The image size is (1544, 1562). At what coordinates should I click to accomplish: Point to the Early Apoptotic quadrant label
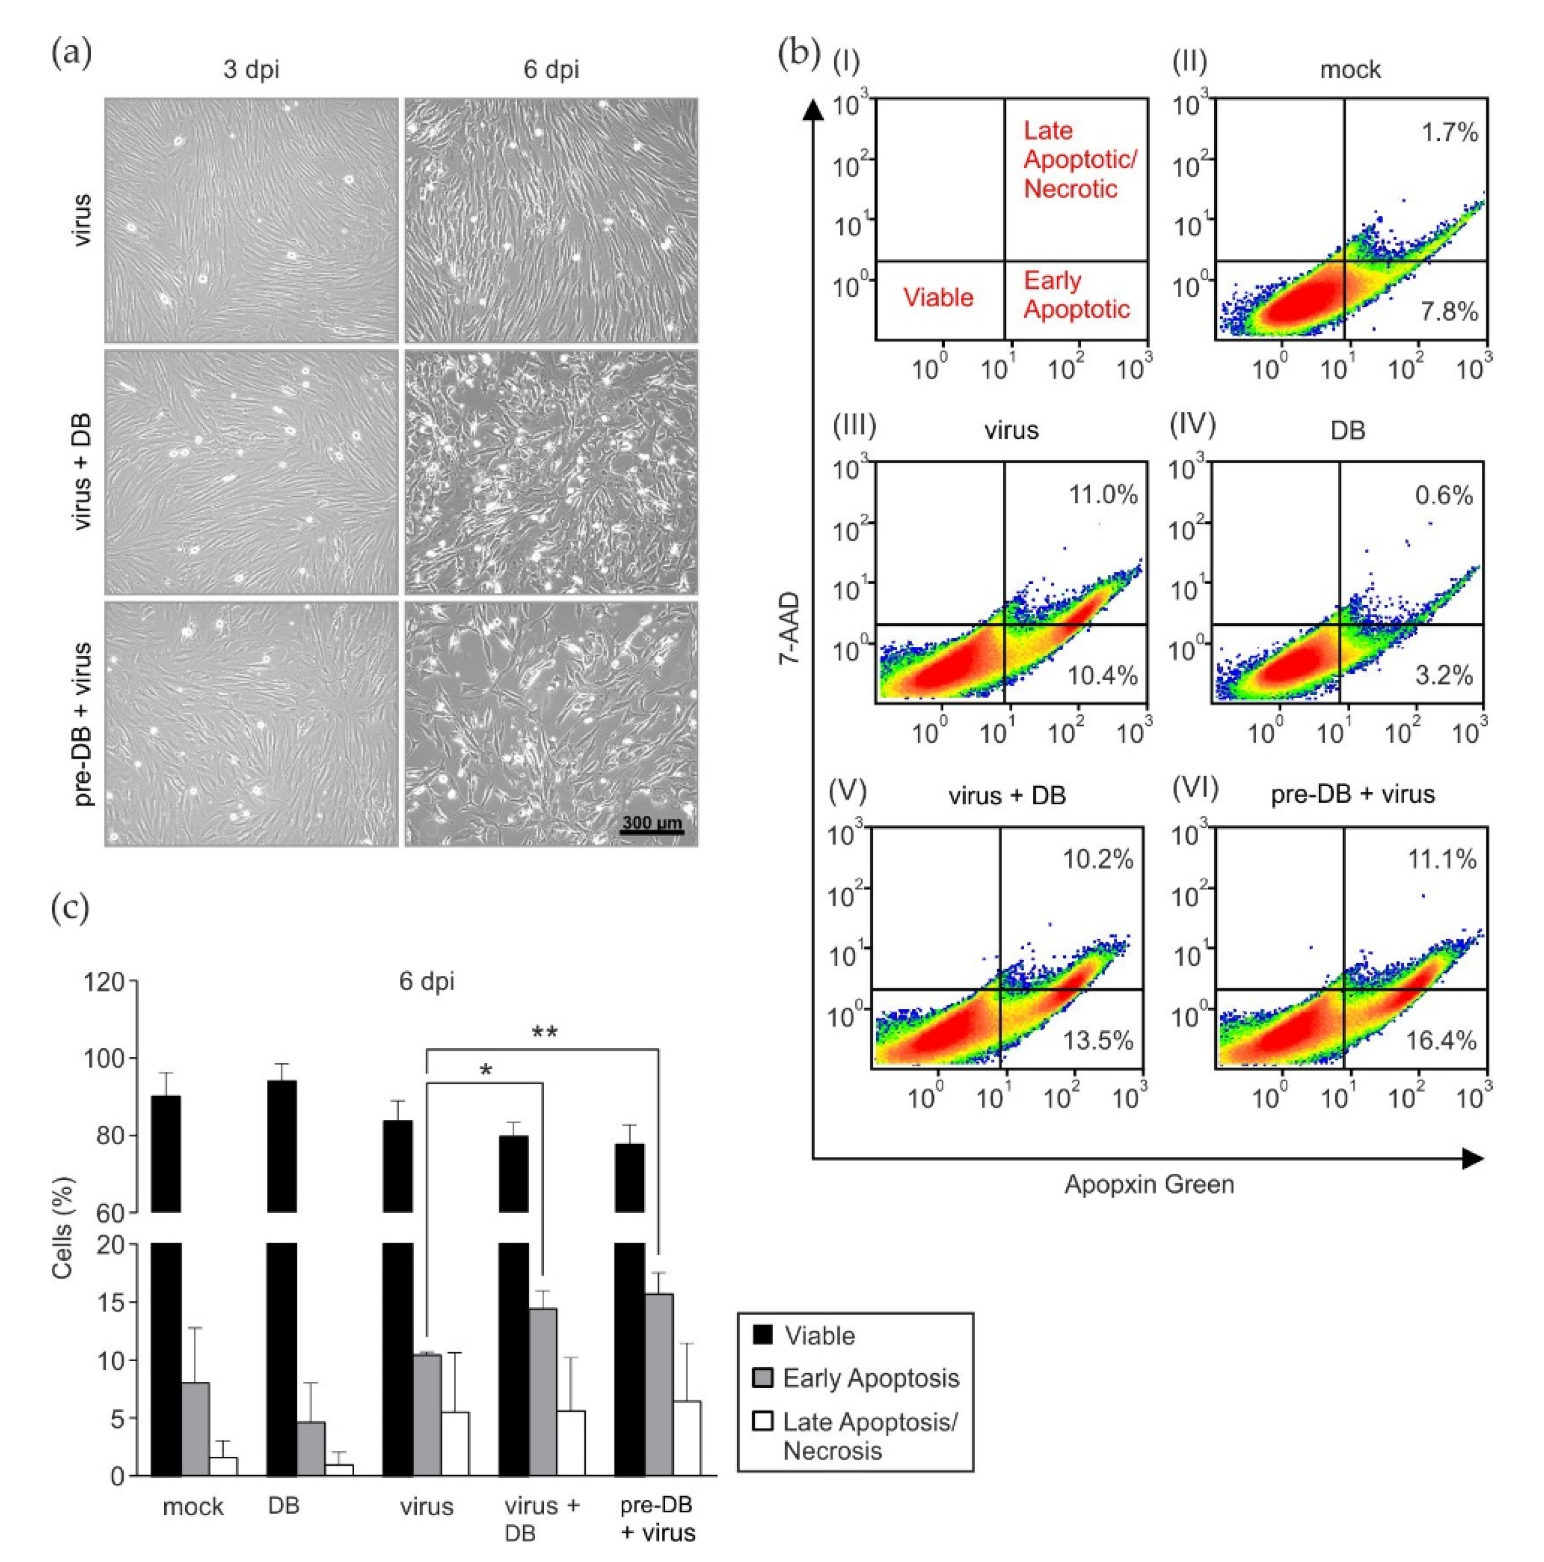(1075, 295)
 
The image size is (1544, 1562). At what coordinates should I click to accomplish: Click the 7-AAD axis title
(790, 628)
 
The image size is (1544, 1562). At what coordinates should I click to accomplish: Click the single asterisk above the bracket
(485, 1071)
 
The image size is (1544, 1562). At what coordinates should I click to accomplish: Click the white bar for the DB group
(339, 1470)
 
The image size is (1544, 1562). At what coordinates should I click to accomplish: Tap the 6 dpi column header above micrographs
(551, 69)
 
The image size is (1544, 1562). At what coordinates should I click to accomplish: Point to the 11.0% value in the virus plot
(1102, 495)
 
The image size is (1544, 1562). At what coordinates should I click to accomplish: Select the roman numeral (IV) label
(1192, 423)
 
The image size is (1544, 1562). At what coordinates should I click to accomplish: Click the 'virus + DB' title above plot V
(1007, 796)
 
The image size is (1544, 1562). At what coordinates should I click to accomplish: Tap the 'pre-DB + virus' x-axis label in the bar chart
(656, 1519)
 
